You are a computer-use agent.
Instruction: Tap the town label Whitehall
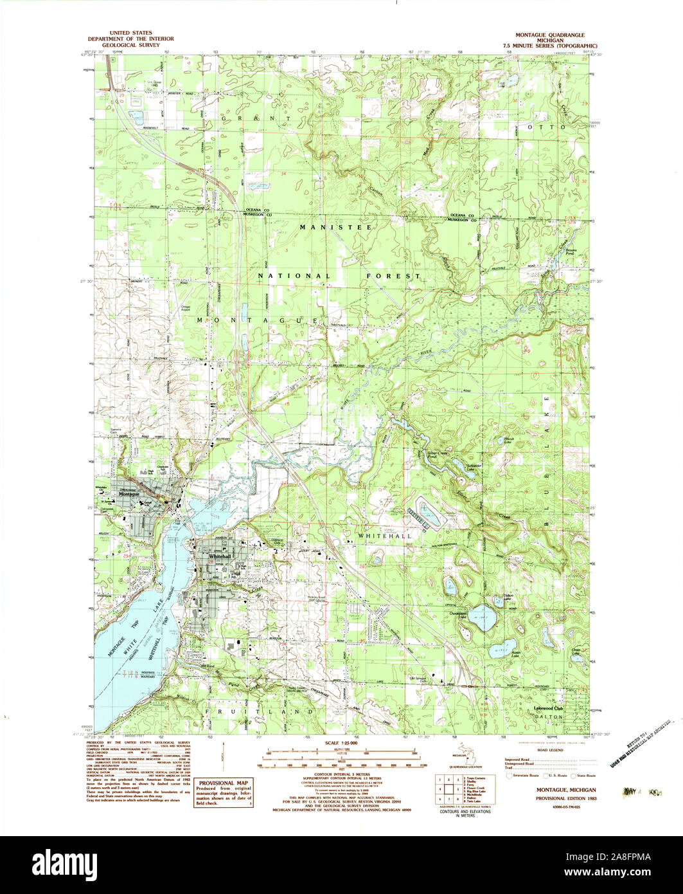[x=219, y=556]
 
